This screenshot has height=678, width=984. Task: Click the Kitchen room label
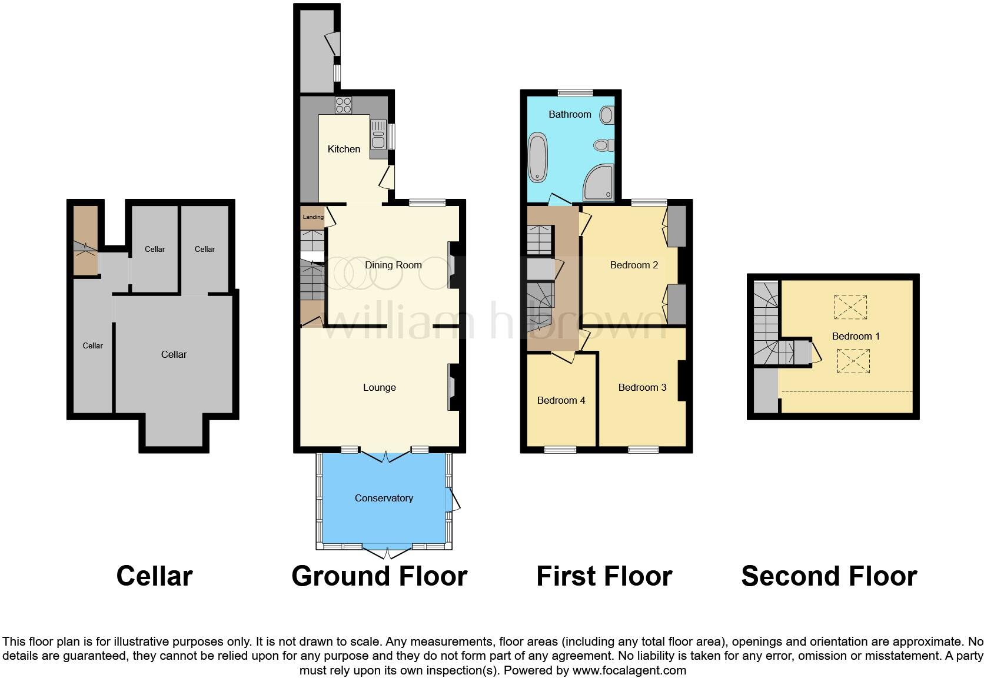tap(344, 149)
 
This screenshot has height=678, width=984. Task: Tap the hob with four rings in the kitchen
tap(343, 105)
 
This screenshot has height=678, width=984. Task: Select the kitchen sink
tap(377, 134)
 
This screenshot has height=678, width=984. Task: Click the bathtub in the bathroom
tap(538, 158)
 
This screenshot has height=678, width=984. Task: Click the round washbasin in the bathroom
tap(606, 115)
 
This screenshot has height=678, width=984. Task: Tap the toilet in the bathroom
tap(603, 145)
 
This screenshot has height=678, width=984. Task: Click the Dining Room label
tap(393, 265)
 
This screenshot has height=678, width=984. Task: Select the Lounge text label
tap(379, 387)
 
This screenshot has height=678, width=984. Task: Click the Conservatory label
tap(384, 498)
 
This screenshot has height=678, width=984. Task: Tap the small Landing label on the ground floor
tap(313, 217)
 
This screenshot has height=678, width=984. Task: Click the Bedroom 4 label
tap(561, 400)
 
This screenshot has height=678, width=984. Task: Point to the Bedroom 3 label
tap(642, 387)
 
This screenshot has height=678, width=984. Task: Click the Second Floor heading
tap(829, 576)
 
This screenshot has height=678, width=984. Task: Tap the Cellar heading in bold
tap(154, 576)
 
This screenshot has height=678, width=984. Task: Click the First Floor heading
tap(604, 576)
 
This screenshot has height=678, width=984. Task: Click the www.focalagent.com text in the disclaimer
tap(629, 670)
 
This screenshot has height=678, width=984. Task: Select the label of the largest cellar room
tap(174, 354)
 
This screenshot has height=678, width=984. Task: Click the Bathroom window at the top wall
tap(575, 92)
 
